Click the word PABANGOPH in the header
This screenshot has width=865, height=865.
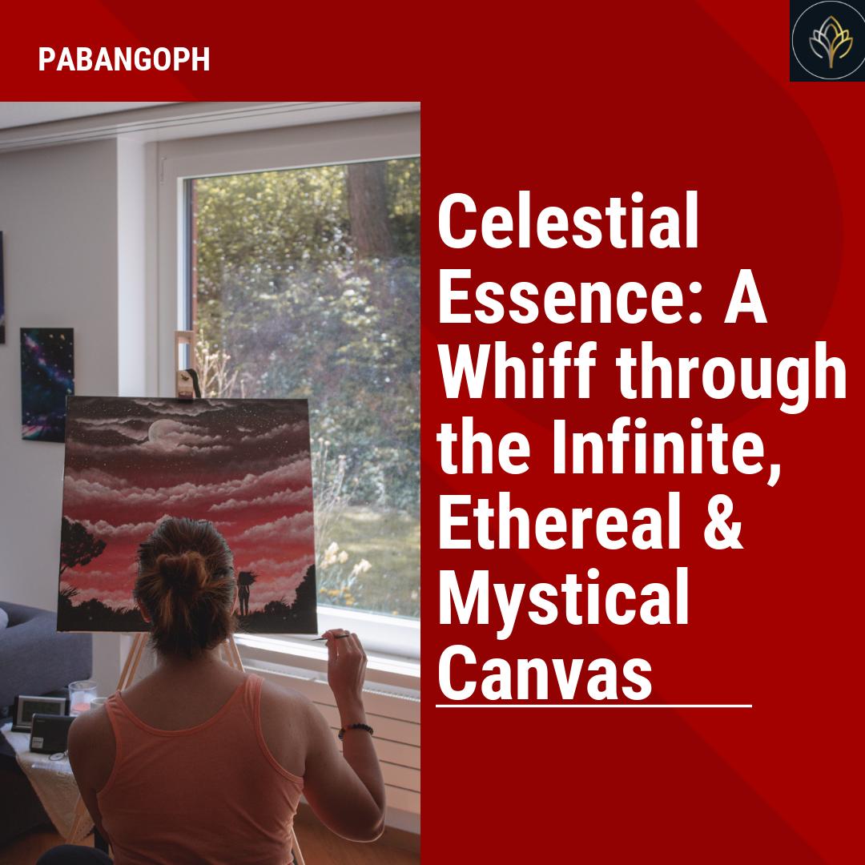124,60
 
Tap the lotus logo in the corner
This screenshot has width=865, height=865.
827,41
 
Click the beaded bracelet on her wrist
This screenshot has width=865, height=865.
355,729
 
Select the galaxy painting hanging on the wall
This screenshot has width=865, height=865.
46,384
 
